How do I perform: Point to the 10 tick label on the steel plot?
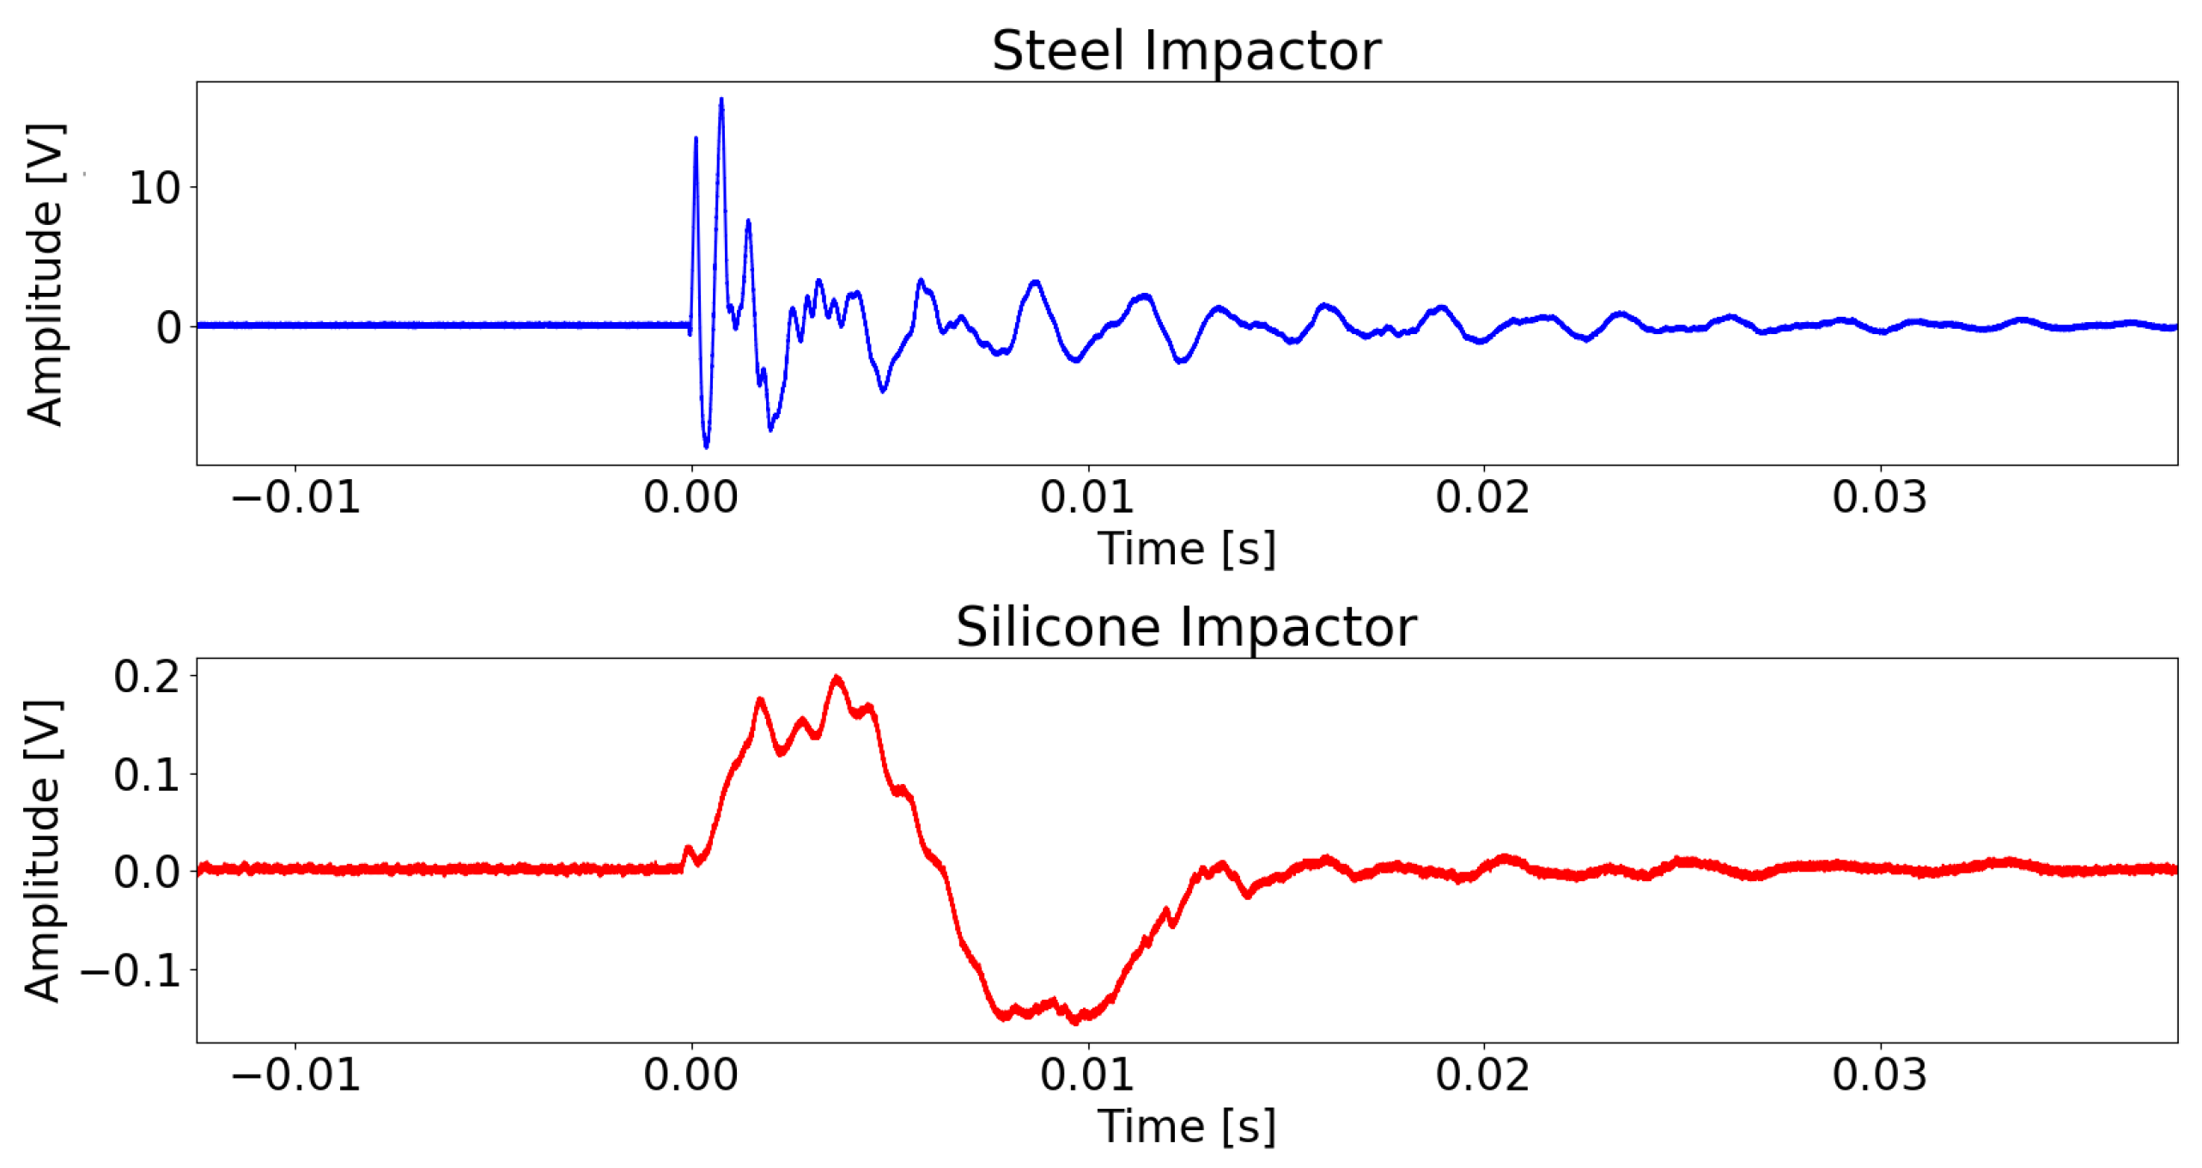pyautogui.click(x=155, y=188)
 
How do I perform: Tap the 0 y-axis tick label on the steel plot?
pyautogui.click(x=169, y=327)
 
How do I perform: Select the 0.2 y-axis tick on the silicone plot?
pyautogui.click(x=147, y=677)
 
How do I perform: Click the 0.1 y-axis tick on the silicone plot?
pyautogui.click(x=147, y=775)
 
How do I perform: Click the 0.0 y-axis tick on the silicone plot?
pyautogui.click(x=147, y=872)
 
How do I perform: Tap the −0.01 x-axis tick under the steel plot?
pyautogui.click(x=295, y=497)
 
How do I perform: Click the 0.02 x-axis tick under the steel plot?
pyautogui.click(x=1483, y=497)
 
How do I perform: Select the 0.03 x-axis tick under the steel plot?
pyautogui.click(x=1880, y=497)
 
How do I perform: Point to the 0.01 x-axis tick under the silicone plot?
pyautogui.click(x=1087, y=1074)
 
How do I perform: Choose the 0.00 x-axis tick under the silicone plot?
pyautogui.click(x=691, y=1074)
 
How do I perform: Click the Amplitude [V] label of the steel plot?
pyautogui.click(x=45, y=275)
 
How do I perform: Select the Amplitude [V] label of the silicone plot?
pyautogui.click(x=43, y=850)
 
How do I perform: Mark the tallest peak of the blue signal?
pyautogui.click(x=721, y=100)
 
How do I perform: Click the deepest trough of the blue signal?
pyautogui.click(x=707, y=447)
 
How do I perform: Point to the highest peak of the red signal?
pyautogui.click(x=837, y=678)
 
